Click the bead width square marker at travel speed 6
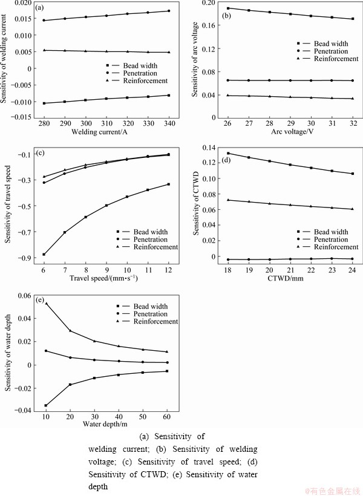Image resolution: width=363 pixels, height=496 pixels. point(44,255)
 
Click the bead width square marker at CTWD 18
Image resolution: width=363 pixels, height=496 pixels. point(228,154)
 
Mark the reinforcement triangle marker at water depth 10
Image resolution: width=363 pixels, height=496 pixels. point(46,303)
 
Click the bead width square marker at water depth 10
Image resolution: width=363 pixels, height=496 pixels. point(46,405)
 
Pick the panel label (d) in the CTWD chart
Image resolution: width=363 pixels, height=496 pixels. point(226,160)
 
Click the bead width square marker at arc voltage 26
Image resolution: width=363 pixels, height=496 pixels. point(228,8)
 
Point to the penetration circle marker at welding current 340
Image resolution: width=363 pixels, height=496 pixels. point(168,11)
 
